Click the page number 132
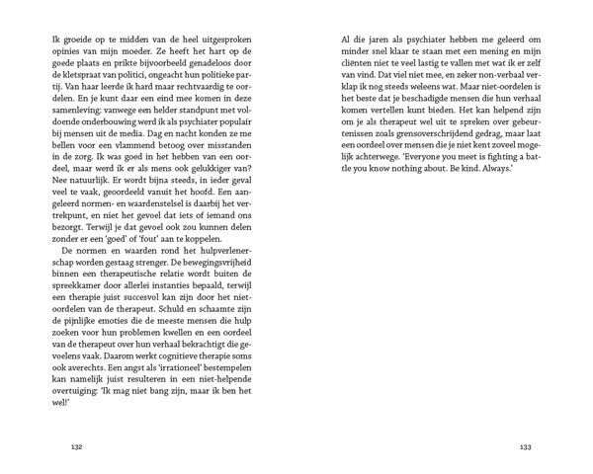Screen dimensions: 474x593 76,446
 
